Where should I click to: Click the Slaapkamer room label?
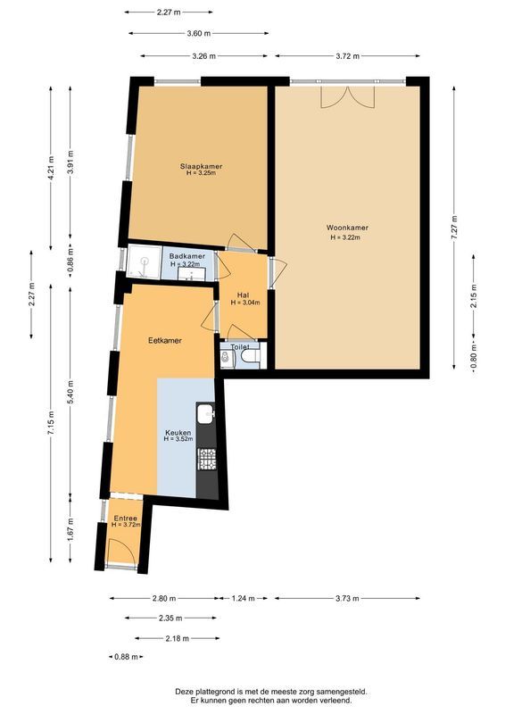click(x=200, y=167)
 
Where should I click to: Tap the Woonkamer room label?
click(x=347, y=228)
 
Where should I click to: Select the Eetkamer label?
click(x=165, y=340)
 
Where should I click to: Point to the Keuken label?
click(x=178, y=434)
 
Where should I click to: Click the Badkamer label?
click(x=186, y=257)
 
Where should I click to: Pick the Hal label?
click(x=242, y=295)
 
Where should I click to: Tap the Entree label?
click(x=125, y=518)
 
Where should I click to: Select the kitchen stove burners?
click(x=206, y=459)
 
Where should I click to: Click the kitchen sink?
click(x=206, y=413)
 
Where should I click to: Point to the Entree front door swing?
click(x=121, y=552)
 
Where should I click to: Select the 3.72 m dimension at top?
click(x=347, y=56)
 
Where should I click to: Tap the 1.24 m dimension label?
click(x=242, y=598)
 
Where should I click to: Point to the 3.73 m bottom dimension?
click(x=347, y=598)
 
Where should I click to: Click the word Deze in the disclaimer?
click(x=186, y=691)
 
